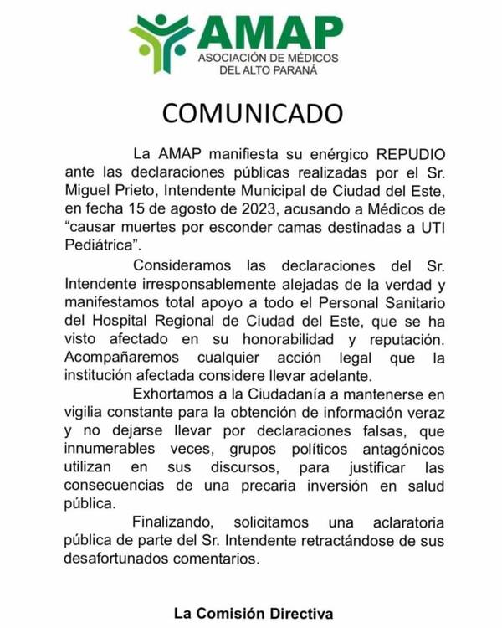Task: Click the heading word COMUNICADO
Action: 252,113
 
